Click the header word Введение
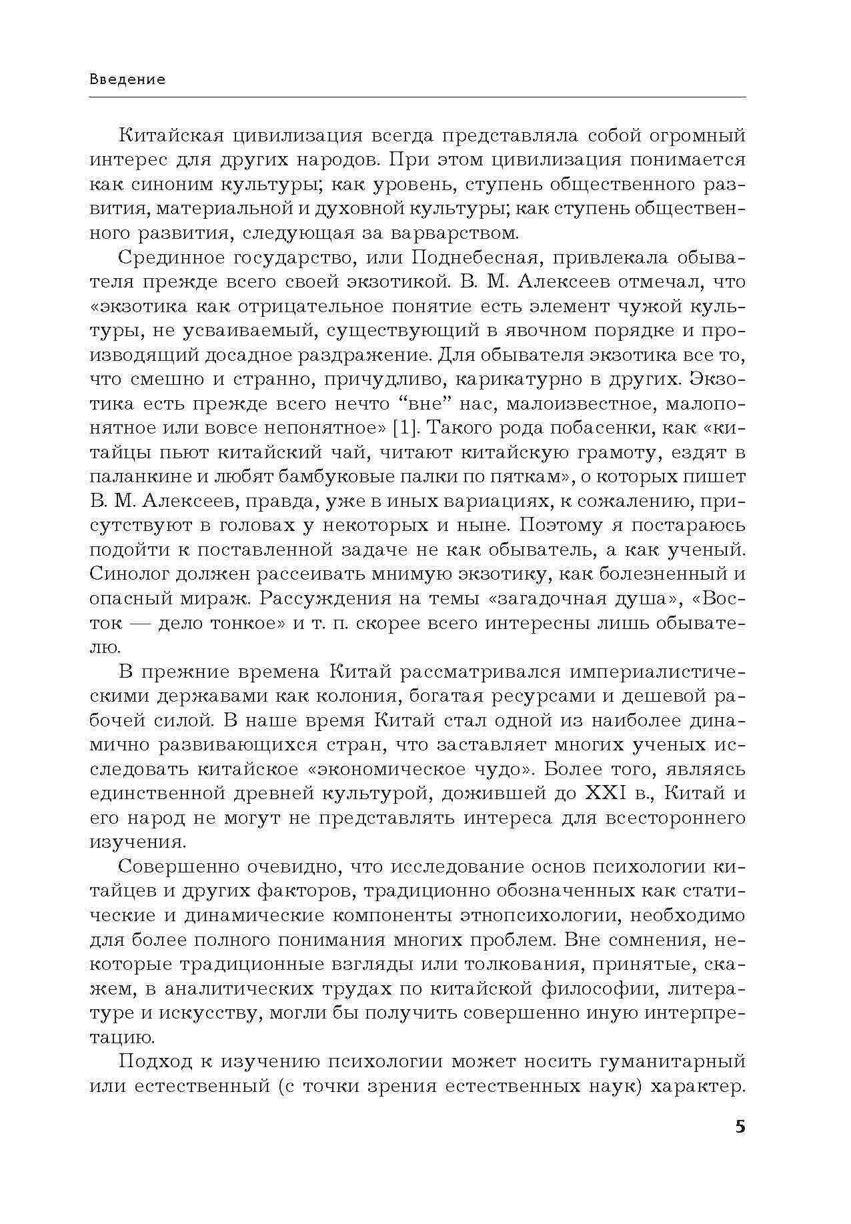127,79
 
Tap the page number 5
739,1127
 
